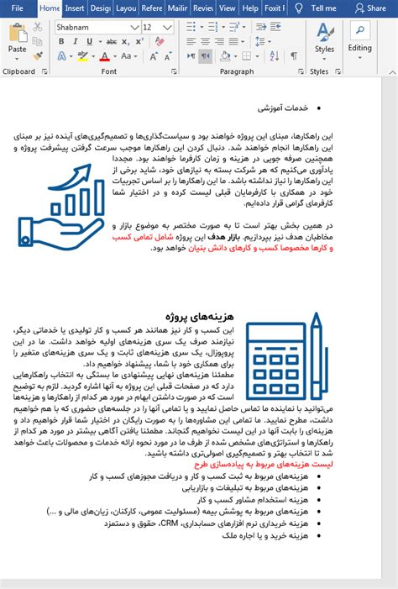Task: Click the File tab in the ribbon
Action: (x=18, y=8)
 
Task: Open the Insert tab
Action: (x=75, y=8)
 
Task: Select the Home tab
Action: (x=50, y=8)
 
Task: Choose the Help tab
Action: (x=250, y=8)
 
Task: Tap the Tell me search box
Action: (x=322, y=8)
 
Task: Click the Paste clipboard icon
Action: (x=17, y=38)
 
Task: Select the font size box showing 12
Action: (x=153, y=27)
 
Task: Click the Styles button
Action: (x=324, y=38)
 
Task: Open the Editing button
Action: (x=360, y=38)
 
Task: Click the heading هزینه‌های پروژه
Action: (x=200, y=317)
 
